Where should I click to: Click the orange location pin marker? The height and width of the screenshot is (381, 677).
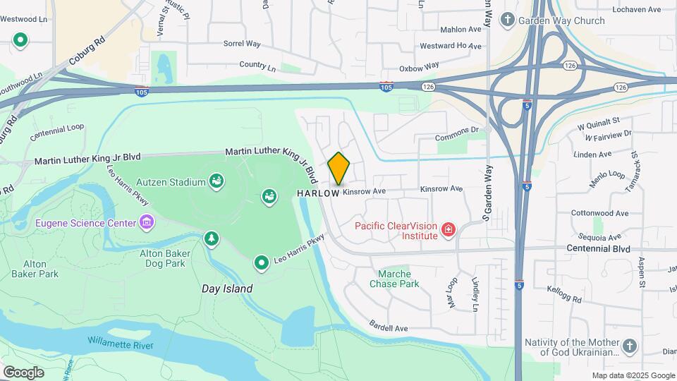[x=339, y=169]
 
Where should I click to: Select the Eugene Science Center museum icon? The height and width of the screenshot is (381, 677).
[x=147, y=223]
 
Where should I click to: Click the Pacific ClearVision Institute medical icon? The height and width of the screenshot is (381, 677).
[x=447, y=229]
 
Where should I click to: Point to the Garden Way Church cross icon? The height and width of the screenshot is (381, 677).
[x=507, y=20]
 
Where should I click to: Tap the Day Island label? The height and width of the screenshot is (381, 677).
[x=227, y=289]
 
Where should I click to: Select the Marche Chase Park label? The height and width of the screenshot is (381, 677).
[x=394, y=279]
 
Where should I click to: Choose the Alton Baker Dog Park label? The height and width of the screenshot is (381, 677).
[x=162, y=258]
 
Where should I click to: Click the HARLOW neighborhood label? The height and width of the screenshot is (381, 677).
[x=319, y=193]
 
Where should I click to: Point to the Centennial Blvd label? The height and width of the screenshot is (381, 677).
[x=598, y=248]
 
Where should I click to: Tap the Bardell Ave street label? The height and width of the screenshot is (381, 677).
[x=389, y=327]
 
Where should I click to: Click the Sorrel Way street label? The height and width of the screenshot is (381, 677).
[x=242, y=44]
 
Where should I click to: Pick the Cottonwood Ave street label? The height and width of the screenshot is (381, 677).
[x=599, y=213]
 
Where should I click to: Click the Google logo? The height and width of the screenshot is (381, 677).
[x=23, y=372]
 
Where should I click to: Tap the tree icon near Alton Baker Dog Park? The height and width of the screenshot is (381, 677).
[x=211, y=239]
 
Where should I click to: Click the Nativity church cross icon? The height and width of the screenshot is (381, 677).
[x=630, y=346]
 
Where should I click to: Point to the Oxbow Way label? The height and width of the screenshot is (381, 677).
[x=420, y=68]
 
